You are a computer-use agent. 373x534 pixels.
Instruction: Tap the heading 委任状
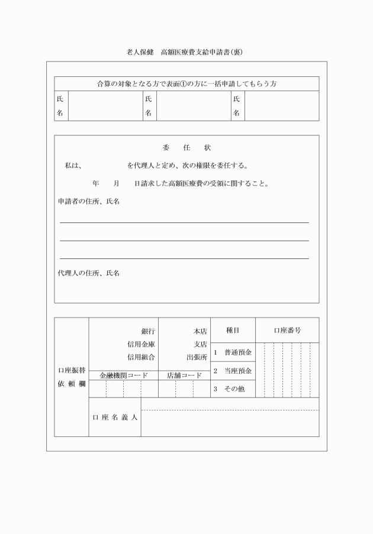point(186,147)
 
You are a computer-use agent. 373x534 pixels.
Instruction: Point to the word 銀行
point(148,332)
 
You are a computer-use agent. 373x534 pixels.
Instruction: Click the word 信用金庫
point(141,345)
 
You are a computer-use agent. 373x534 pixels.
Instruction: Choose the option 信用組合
point(141,357)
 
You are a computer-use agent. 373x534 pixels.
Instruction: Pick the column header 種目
point(233,331)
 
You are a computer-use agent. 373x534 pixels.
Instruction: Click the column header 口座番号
point(287,331)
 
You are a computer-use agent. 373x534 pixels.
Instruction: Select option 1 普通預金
point(233,352)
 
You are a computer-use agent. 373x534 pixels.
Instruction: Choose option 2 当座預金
point(233,371)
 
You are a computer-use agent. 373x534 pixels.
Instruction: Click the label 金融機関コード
point(123,375)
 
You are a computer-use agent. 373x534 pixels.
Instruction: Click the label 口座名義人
point(115,417)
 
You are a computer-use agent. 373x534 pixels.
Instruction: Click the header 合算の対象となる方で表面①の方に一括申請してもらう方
point(186,84)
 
